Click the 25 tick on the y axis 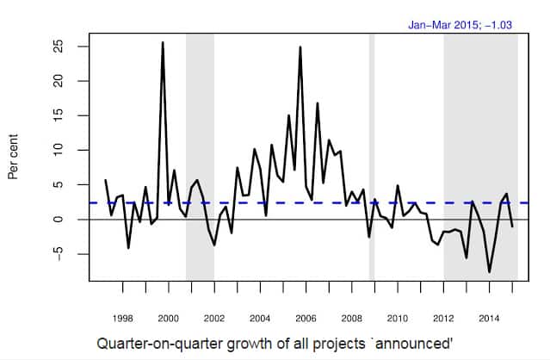coord(59,46)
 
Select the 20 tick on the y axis coord(59,81)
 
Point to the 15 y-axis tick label coord(59,115)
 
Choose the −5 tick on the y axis coord(59,254)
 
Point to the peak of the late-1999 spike coord(163,42)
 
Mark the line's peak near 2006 coord(300,47)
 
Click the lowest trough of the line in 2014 coord(490,272)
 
